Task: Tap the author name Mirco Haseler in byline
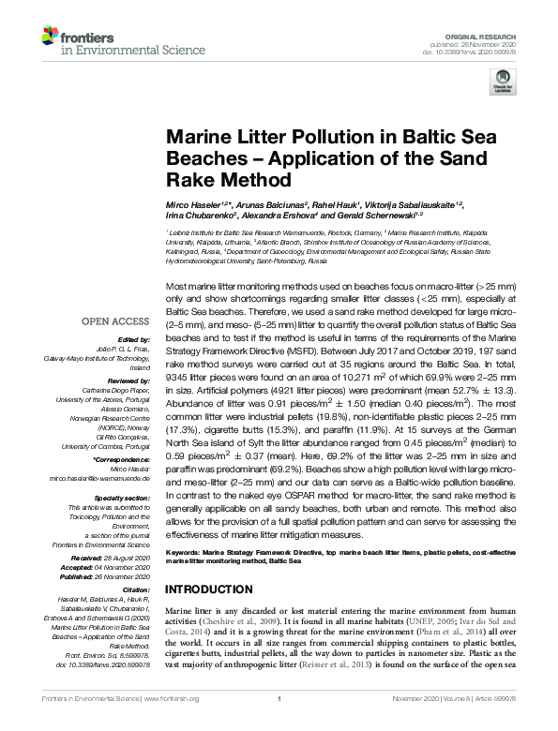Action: click(x=192, y=204)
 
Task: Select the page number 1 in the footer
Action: click(x=279, y=724)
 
